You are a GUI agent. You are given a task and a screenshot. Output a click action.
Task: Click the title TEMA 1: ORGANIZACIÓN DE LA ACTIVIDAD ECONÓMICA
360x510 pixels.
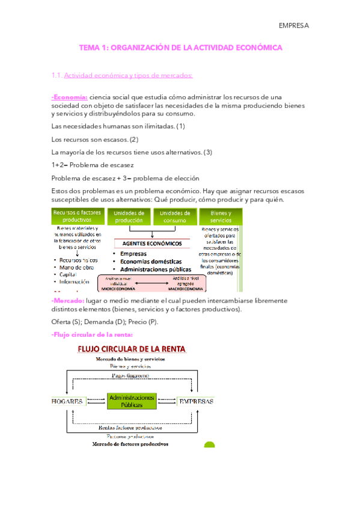(x=181, y=48)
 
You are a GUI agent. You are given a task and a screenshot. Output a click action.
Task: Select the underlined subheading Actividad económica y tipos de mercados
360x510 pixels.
(x=128, y=75)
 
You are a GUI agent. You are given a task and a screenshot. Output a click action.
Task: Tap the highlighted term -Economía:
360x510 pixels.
(x=70, y=97)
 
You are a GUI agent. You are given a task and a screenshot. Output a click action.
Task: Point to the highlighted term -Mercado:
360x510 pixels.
(x=69, y=300)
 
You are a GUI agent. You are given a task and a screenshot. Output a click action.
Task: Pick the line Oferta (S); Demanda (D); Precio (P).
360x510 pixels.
(x=105, y=322)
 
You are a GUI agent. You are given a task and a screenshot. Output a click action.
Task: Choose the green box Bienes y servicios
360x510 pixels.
(x=220, y=217)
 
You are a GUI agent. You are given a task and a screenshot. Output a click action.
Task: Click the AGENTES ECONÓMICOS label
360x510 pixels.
(x=152, y=244)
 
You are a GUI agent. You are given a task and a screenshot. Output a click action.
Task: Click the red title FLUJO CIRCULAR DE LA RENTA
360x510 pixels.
(x=130, y=348)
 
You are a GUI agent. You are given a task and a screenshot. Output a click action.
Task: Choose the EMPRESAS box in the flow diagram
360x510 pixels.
(x=195, y=401)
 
